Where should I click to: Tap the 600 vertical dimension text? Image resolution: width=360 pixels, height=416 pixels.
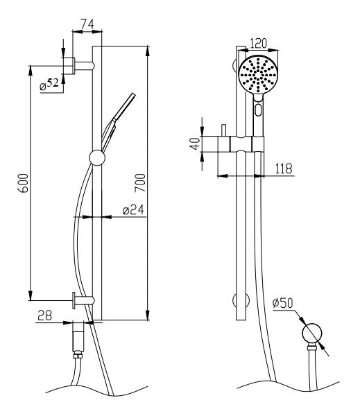[x=22, y=183]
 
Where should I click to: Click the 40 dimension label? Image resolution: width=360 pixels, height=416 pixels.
[x=196, y=143]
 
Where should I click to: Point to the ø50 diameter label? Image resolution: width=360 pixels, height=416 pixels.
[x=285, y=304]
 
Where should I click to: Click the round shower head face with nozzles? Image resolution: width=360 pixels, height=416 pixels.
[x=257, y=75]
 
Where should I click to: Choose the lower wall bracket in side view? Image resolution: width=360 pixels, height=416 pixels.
[x=83, y=300]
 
